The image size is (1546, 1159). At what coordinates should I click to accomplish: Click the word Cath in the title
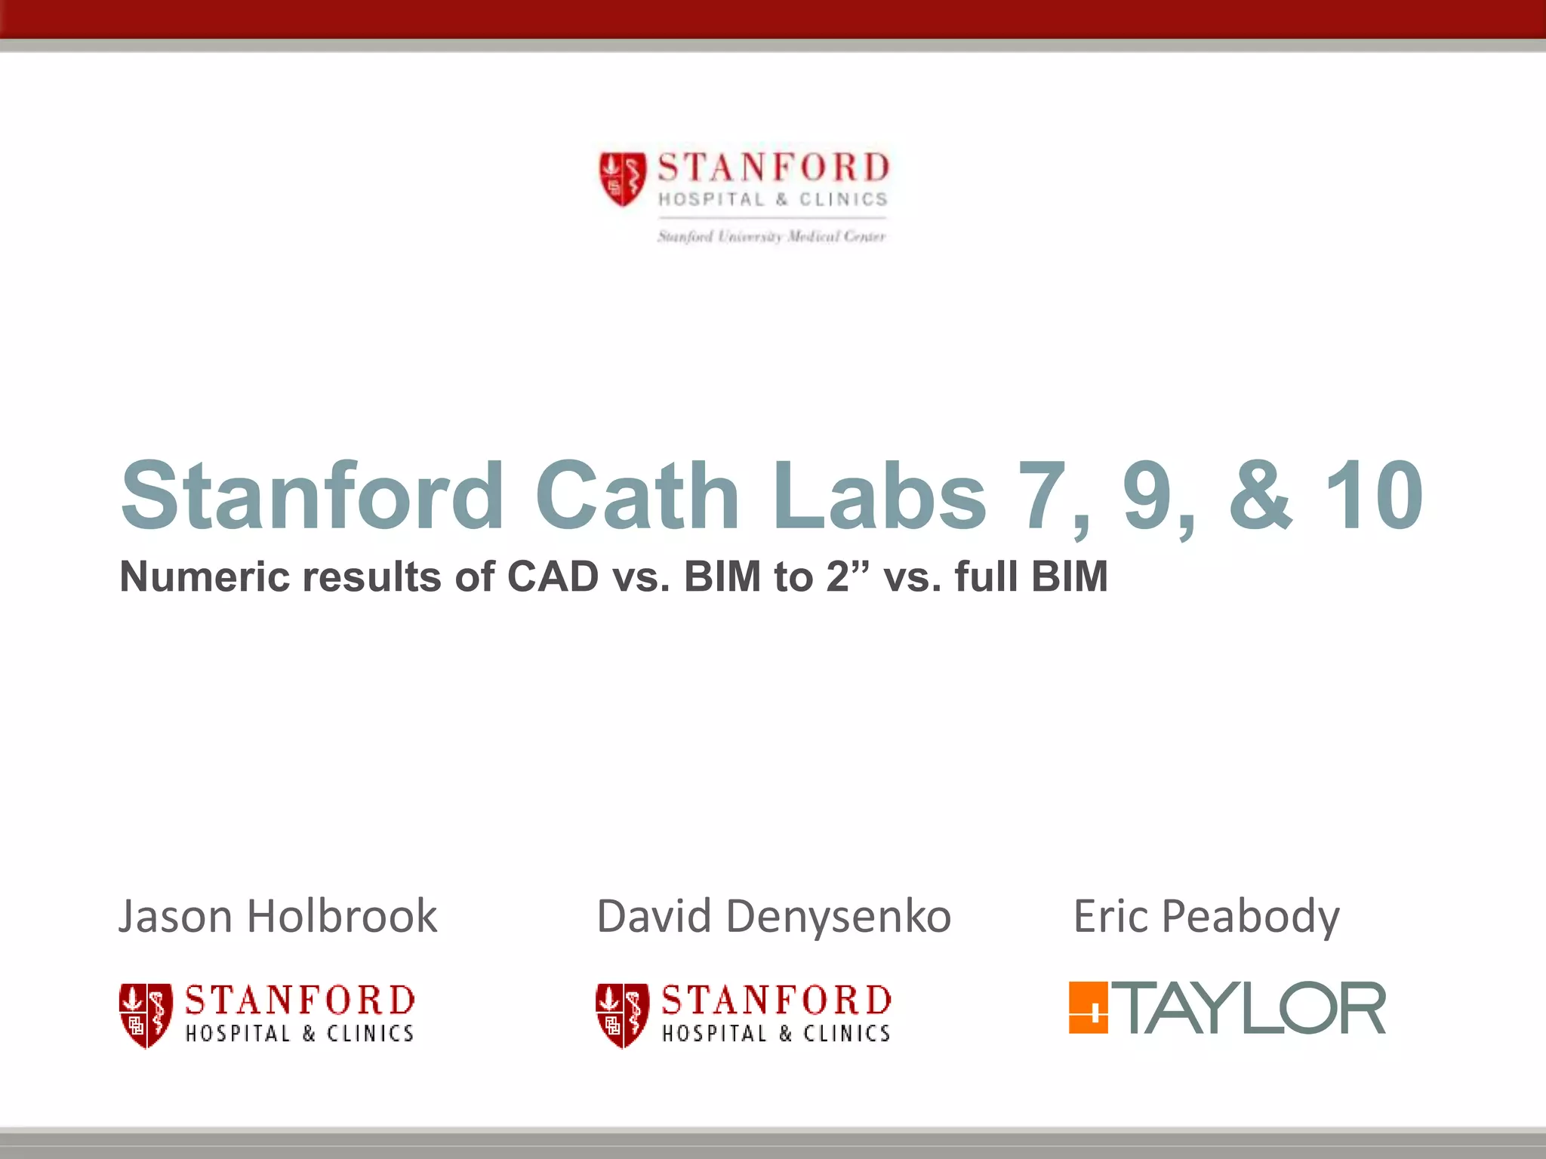636,496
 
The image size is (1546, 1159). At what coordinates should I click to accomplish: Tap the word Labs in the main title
879,496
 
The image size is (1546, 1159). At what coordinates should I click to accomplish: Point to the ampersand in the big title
1261,496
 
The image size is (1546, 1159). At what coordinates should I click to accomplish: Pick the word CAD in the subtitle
553,577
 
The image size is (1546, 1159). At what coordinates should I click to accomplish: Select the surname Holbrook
342,917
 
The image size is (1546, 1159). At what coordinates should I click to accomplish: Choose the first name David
654,917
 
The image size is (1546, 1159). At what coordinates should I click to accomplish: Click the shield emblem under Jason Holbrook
146,1015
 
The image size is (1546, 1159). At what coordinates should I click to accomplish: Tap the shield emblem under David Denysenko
622,1015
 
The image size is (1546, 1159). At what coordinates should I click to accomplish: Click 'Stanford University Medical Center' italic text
771,237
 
